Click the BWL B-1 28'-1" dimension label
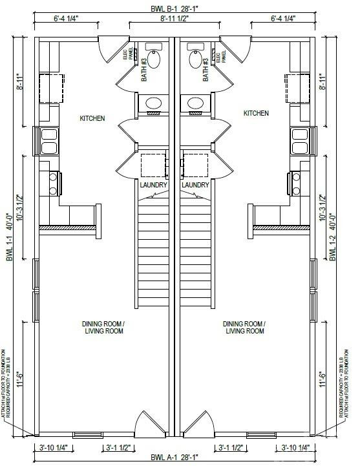tap(175, 8)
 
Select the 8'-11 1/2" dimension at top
tap(173, 19)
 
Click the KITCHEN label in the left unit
tap(92, 118)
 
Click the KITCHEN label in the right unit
tap(256, 113)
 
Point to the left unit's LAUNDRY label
tap(154, 185)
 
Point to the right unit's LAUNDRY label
tap(195, 185)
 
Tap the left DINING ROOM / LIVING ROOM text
tap(103, 327)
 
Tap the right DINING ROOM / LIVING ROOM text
tap(245, 327)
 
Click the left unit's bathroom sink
tap(154, 103)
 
